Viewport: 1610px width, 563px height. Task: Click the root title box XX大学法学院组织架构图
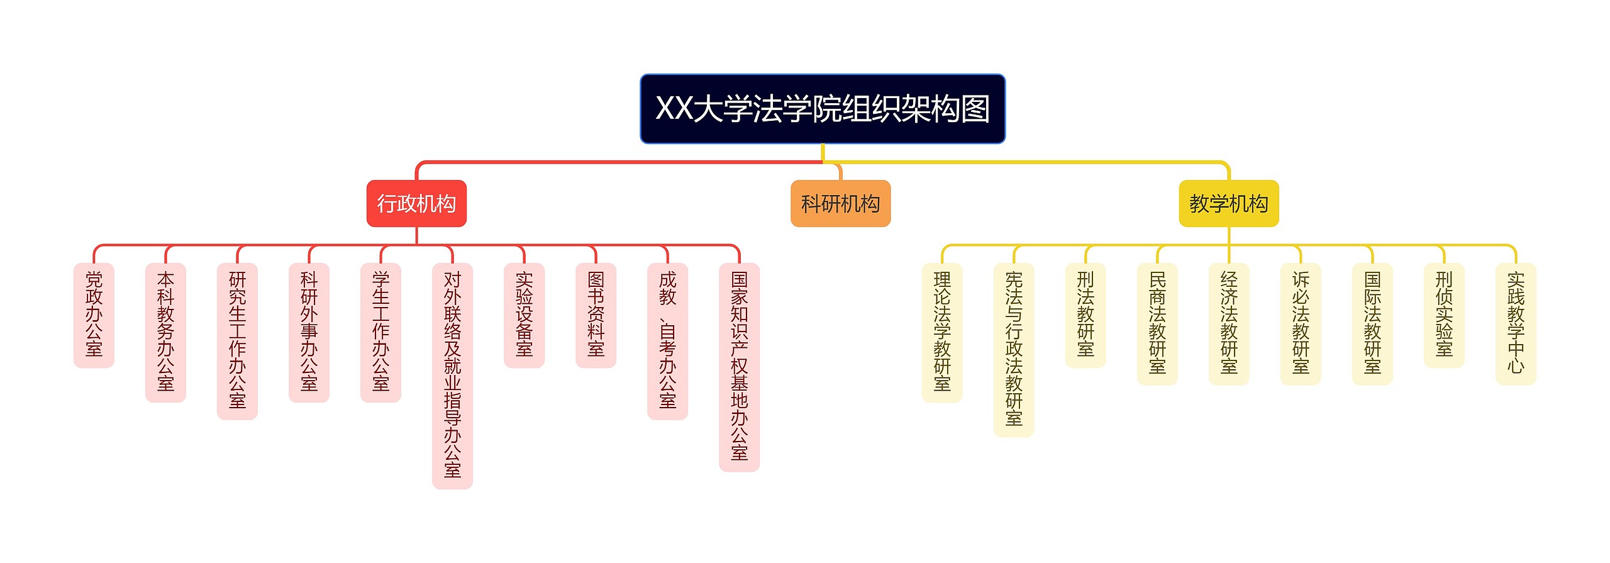click(x=822, y=109)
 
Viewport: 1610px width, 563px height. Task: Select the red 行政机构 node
click(x=416, y=203)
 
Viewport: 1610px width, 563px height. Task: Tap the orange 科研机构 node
click(x=840, y=203)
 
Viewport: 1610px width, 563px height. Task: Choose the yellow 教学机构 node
click(x=1228, y=203)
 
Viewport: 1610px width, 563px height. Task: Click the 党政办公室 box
click(x=94, y=315)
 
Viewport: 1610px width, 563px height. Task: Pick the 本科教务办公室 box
click(x=165, y=332)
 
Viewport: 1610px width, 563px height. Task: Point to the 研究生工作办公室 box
click(x=237, y=340)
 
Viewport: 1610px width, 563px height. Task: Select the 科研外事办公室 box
click(x=309, y=332)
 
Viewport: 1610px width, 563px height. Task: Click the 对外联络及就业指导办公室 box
click(x=452, y=375)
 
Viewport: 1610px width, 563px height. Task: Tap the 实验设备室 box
click(x=524, y=315)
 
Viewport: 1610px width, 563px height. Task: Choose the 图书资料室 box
click(x=596, y=315)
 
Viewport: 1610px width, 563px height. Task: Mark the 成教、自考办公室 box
click(x=667, y=340)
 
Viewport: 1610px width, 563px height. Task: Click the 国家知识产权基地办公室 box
click(x=739, y=366)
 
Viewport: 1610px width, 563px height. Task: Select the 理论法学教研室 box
click(x=941, y=332)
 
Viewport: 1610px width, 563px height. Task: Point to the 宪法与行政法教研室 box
click(x=1013, y=349)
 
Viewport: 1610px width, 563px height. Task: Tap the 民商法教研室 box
click(x=1157, y=323)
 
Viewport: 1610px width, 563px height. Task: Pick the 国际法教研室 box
click(x=1372, y=323)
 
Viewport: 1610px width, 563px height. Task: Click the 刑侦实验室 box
click(x=1443, y=315)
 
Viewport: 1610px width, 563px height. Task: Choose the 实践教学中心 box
click(x=1515, y=323)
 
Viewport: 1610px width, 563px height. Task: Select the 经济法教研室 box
click(x=1228, y=323)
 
